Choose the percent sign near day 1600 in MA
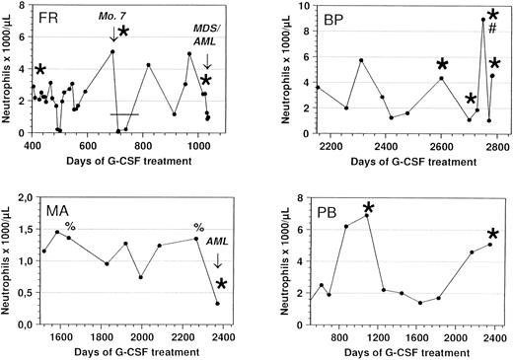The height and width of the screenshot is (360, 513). coord(70,227)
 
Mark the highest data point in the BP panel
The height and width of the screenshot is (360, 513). coord(483,20)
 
